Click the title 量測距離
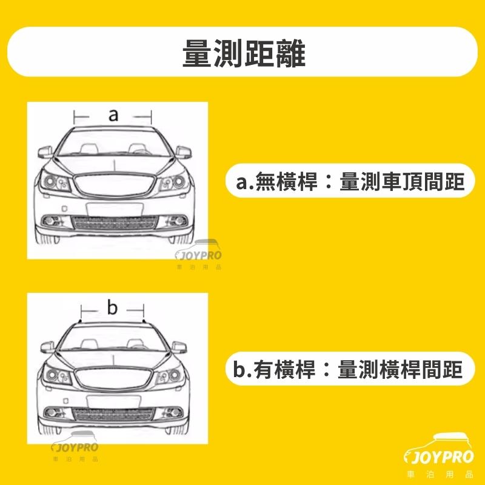point(244,53)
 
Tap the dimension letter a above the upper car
point(113,115)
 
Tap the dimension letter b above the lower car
point(112,307)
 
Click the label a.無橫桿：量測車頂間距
point(350,181)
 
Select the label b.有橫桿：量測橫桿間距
point(348,369)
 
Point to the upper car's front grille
point(115,185)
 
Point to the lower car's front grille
point(113,378)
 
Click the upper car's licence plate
point(115,209)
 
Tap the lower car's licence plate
point(113,401)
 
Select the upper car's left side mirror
point(45,152)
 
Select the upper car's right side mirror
point(184,152)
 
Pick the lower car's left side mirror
point(47,347)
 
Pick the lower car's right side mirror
point(179,347)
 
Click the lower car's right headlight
point(170,375)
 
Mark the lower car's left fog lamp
point(54,413)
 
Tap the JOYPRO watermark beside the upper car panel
point(198,255)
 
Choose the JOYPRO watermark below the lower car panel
point(75,447)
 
